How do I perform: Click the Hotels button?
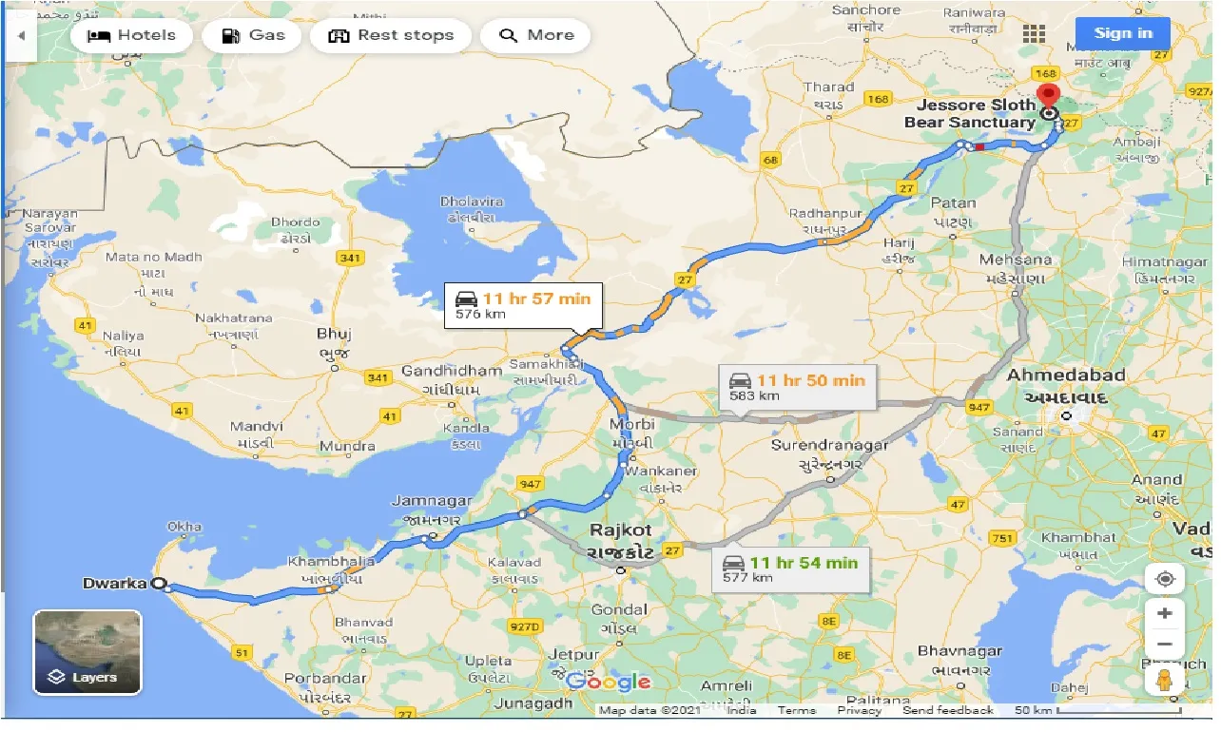(x=131, y=36)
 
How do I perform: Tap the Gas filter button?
(x=253, y=36)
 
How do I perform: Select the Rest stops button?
(x=391, y=36)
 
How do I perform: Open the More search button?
(x=535, y=36)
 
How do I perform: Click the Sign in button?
(x=1122, y=34)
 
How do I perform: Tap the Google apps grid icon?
(x=1034, y=34)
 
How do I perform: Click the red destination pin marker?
(x=1049, y=97)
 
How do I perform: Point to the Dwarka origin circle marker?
(x=159, y=585)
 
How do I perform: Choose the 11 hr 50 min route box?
(x=796, y=387)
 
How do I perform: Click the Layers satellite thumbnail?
(x=87, y=652)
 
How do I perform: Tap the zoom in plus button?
(x=1165, y=613)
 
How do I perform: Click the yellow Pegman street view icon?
(x=1165, y=680)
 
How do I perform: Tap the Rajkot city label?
(x=620, y=530)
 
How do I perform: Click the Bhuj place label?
(x=334, y=334)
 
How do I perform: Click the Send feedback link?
(x=947, y=710)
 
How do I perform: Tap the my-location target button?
(x=1165, y=579)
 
